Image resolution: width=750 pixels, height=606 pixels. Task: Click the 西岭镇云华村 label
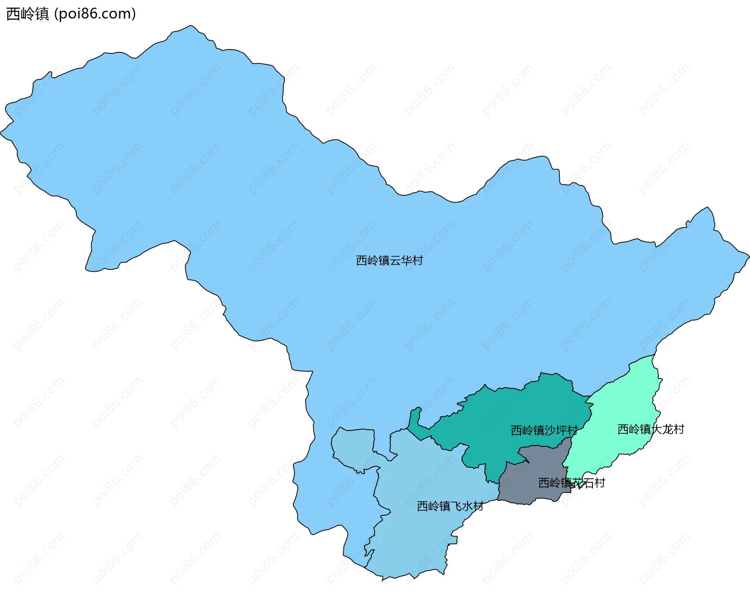pyautogui.click(x=389, y=260)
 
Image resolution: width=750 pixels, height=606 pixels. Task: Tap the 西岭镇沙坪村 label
pyautogui.click(x=544, y=430)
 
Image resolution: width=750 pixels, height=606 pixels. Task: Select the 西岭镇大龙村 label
pyautogui.click(x=651, y=429)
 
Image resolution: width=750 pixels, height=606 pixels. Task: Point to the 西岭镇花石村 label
pyautogui.click(x=571, y=483)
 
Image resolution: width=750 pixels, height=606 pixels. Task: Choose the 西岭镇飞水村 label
pyautogui.click(x=450, y=506)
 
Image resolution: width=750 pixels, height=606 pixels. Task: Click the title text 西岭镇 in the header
pyautogui.click(x=27, y=14)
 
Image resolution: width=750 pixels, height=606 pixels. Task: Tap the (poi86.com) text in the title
pyautogui.click(x=95, y=14)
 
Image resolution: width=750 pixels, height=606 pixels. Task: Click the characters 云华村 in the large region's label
pyautogui.click(x=406, y=260)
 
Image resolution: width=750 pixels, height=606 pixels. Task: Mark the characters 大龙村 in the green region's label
pyautogui.click(x=668, y=429)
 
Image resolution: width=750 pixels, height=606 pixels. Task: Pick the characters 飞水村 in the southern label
pyautogui.click(x=467, y=506)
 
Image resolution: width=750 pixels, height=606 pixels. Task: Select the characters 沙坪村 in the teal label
pyautogui.click(x=561, y=430)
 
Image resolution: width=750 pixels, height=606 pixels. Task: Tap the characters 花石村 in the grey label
pyautogui.click(x=588, y=483)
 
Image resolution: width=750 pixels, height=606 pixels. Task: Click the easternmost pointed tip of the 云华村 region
pyautogui.click(x=748, y=257)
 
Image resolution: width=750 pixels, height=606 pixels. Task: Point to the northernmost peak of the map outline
pyautogui.click(x=190, y=26)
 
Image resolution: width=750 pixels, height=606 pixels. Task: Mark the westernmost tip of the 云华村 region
pyautogui.click(x=1, y=133)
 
